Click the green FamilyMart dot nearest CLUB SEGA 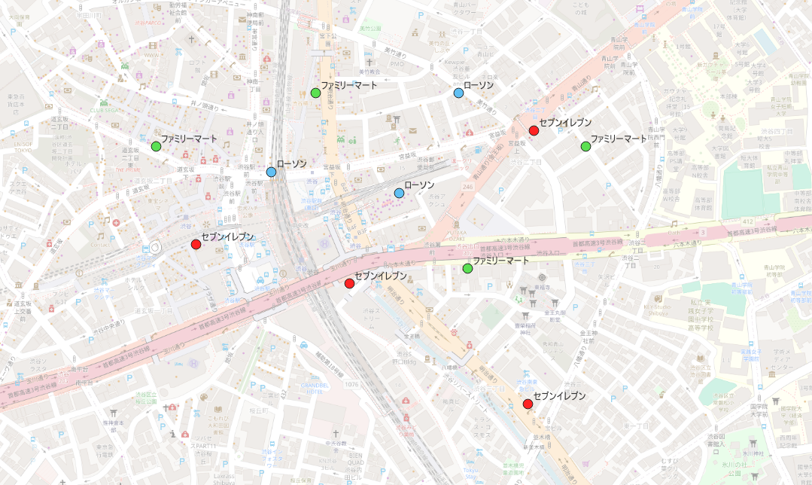pyautogui.click(x=156, y=146)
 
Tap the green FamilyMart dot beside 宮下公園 pyautogui.click(x=315, y=93)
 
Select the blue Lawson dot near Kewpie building pyautogui.click(x=458, y=93)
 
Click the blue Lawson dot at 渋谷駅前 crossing pyautogui.click(x=271, y=172)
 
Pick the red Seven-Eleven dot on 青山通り pyautogui.click(x=534, y=130)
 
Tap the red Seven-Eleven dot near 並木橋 pyautogui.click(x=528, y=404)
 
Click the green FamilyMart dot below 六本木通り pyautogui.click(x=467, y=268)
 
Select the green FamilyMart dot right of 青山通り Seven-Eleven pyautogui.click(x=585, y=146)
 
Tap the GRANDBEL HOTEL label pyautogui.click(x=311, y=387)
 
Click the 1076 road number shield pyautogui.click(x=351, y=385)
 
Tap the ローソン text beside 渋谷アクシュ pyautogui.click(x=418, y=185)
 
